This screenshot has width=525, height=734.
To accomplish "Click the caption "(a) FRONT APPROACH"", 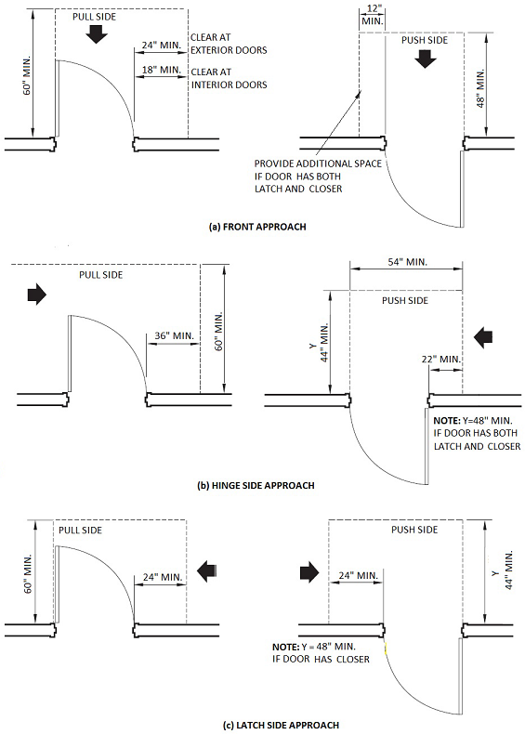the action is tap(257, 227).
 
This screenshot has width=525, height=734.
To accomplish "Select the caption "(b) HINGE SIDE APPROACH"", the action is tap(256, 485).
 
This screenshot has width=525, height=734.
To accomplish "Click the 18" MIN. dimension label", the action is tap(162, 70).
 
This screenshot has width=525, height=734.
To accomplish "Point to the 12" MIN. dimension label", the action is tap(373, 16).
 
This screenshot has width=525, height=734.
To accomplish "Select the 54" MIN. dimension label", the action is tap(406, 262).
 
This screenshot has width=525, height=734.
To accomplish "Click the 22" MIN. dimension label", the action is tap(440, 360).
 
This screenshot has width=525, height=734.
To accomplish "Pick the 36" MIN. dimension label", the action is tap(174, 335).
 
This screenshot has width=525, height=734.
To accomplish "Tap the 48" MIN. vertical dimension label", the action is tap(480, 89).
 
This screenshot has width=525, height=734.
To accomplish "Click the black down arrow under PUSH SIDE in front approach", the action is tap(426, 59).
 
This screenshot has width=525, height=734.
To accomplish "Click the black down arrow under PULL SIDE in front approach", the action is tap(97, 34).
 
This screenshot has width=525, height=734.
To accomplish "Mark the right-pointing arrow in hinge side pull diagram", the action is tap(37, 295).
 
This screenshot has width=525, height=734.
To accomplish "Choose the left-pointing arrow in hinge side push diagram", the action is tap(483, 337).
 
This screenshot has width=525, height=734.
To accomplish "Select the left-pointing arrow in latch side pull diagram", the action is tap(206, 571).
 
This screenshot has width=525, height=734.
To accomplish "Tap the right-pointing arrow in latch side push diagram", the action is tap(309, 572).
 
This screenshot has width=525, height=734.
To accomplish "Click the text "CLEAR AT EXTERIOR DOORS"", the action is tap(229, 44).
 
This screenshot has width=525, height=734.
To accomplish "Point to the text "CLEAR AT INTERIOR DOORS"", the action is tap(229, 78).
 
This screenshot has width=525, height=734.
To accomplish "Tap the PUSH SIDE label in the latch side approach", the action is tap(414, 530).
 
